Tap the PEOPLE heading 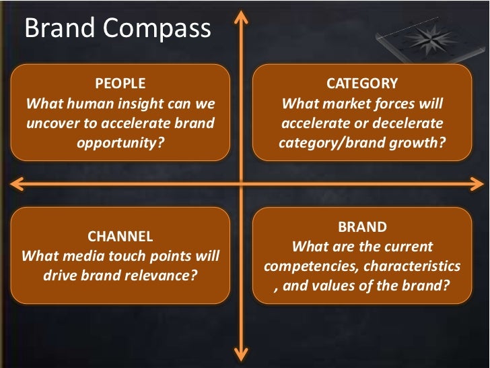pyautogui.click(x=120, y=84)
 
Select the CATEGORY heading pyautogui.click(x=361, y=84)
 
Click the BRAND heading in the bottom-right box pyautogui.click(x=361, y=227)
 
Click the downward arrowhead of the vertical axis pyautogui.click(x=240, y=356)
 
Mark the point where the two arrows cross pyautogui.click(x=240, y=183)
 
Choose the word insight pyautogui.click(x=141, y=104)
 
